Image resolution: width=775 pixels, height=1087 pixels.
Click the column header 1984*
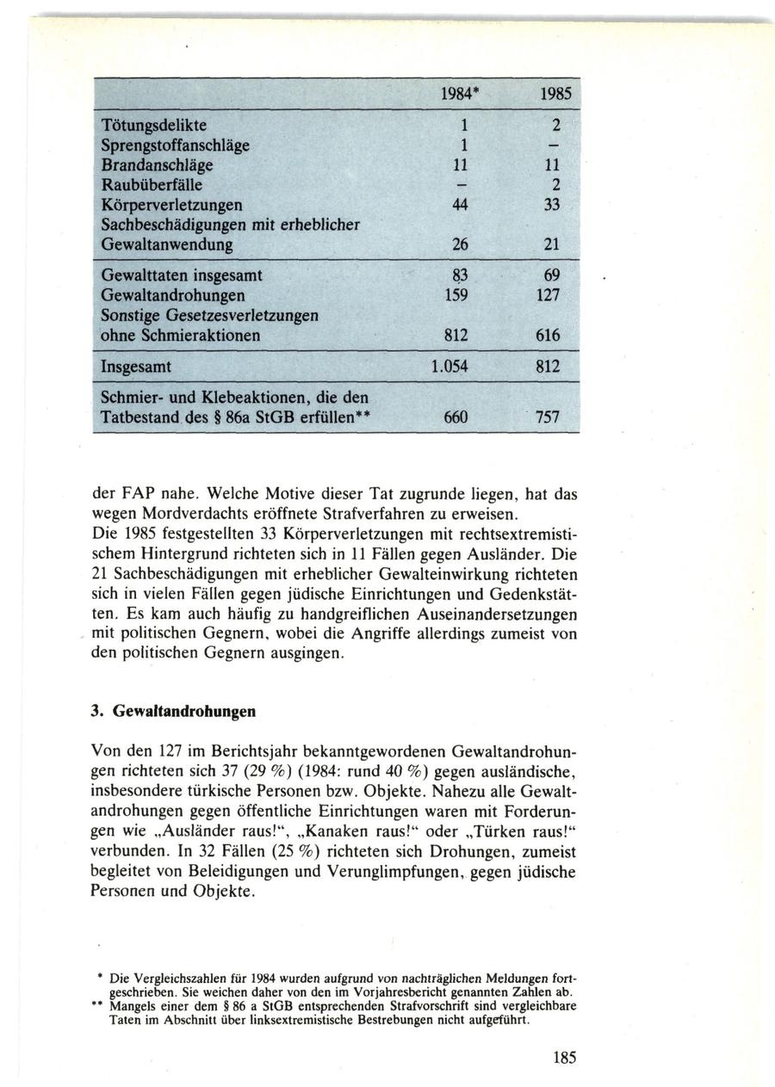tap(457, 93)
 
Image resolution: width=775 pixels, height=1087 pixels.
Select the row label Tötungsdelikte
tap(154, 126)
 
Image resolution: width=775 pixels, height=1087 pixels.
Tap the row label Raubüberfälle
tap(151, 184)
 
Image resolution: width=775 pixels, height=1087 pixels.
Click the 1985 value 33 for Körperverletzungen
tap(552, 205)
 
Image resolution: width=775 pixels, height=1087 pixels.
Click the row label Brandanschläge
tap(158, 164)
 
